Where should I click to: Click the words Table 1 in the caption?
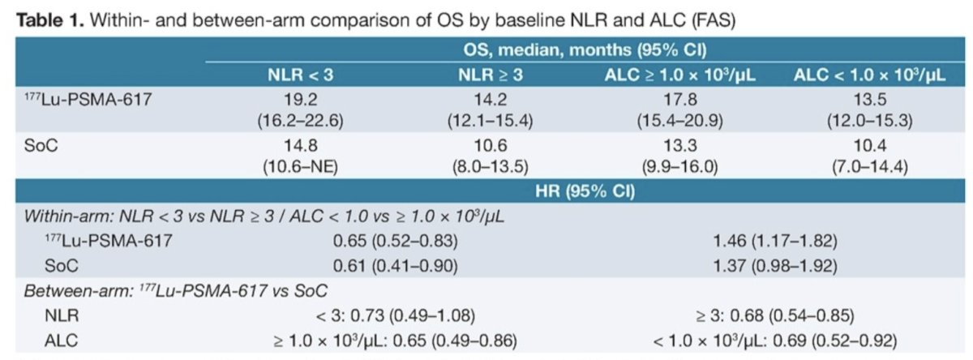(50, 20)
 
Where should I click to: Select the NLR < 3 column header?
(301, 75)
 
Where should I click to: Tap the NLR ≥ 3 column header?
(491, 75)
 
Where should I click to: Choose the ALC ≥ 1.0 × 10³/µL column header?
(680, 75)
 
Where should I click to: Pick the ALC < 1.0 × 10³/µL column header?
(869, 75)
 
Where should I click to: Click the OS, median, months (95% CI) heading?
(585, 50)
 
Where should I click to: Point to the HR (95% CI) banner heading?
(585, 191)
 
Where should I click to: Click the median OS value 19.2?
(301, 100)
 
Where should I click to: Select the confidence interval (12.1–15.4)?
(491, 120)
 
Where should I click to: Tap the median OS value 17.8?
(680, 100)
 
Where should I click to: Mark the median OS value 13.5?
(869, 100)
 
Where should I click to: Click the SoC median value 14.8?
(301, 145)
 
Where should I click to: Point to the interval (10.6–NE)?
(301, 166)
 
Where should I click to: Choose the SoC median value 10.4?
(869, 145)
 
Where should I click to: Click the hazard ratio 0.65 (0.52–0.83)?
(396, 241)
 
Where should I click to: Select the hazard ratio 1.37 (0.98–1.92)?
(775, 265)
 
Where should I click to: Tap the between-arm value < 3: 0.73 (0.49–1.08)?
(396, 315)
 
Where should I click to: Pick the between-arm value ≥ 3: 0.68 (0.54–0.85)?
(775, 315)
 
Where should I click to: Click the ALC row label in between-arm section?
(62, 341)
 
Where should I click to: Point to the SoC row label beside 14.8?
(41, 145)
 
